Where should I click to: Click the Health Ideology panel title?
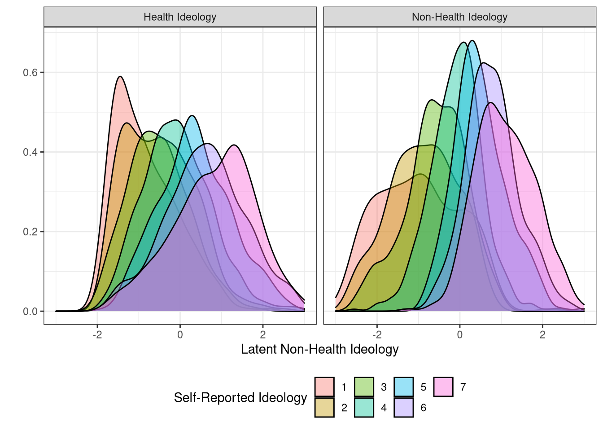click(180, 17)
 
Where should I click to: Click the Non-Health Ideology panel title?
click(459, 17)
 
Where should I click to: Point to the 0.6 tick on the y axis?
click(31, 73)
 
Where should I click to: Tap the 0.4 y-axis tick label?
click(31, 152)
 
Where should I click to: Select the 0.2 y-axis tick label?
click(31, 232)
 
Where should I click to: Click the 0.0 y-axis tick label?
click(31, 312)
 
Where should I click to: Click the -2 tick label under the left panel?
click(97, 334)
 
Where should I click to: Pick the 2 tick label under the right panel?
click(542, 334)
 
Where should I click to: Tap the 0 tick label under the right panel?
click(460, 334)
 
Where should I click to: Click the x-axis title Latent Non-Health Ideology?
click(319, 349)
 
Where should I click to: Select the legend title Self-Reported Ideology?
click(240, 397)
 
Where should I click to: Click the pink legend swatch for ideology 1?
click(324, 387)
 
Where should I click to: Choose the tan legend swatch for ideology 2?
click(324, 408)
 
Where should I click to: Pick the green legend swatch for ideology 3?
click(364, 387)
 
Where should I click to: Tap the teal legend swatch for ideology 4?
click(364, 408)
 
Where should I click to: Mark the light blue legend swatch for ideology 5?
click(404, 387)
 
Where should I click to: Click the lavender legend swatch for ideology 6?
click(404, 408)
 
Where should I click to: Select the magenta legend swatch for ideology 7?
click(443, 387)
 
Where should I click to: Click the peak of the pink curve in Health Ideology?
click(120, 77)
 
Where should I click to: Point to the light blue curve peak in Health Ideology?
click(192, 116)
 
